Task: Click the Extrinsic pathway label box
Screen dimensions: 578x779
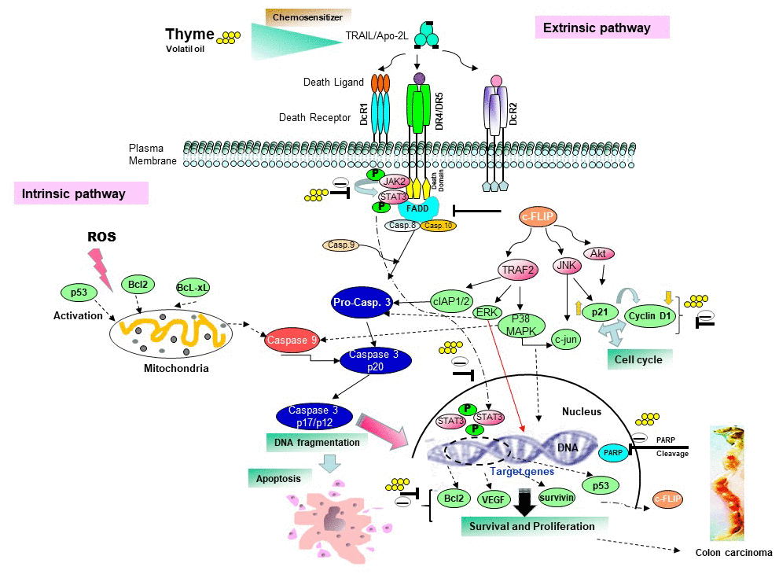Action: tap(602, 28)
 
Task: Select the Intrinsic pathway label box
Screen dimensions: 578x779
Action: tap(81, 193)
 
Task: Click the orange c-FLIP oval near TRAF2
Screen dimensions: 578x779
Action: tap(543, 218)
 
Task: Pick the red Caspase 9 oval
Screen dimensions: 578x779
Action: tap(292, 341)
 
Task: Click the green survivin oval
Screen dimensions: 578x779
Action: tap(557, 497)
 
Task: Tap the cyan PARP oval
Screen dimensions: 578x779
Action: tap(612, 453)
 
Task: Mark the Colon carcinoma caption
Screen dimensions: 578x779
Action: tap(733, 553)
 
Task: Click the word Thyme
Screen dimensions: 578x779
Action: tap(189, 34)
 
